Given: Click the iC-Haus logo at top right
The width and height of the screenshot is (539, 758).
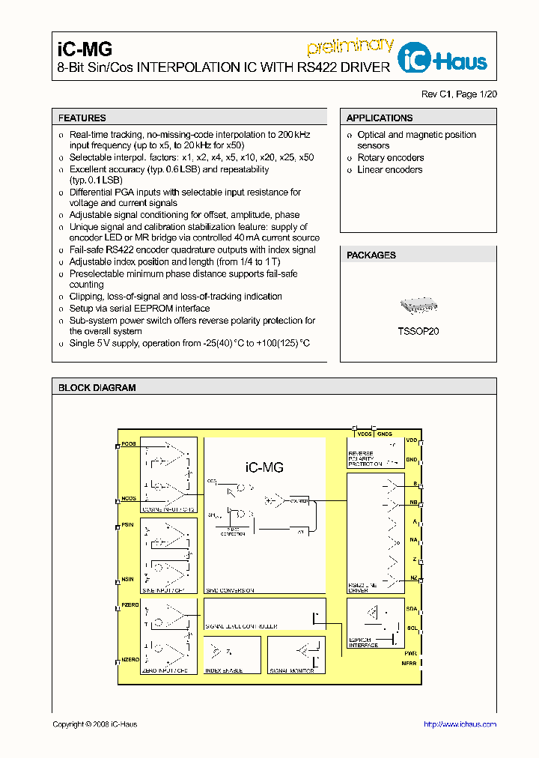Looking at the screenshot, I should click(x=442, y=61).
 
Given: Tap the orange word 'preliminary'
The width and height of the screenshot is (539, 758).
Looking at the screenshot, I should click(x=350, y=46).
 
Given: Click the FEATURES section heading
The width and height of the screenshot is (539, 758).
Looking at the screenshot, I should click(x=82, y=118).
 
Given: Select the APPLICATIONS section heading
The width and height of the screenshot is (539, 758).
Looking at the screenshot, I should click(x=380, y=118).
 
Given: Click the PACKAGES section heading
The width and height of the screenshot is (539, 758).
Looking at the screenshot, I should click(x=371, y=255).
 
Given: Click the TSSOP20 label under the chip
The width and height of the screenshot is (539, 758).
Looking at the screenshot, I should click(x=418, y=330).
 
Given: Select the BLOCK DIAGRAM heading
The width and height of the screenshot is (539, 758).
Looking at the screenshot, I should click(x=97, y=388).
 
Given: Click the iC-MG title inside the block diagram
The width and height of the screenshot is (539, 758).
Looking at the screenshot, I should click(x=264, y=467).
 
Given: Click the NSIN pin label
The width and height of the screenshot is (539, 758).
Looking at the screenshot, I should click(x=128, y=579).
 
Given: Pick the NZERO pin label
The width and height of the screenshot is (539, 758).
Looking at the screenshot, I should click(x=130, y=660).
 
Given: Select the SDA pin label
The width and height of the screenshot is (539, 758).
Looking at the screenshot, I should click(x=411, y=609).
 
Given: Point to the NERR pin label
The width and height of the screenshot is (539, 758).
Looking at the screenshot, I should click(x=409, y=663).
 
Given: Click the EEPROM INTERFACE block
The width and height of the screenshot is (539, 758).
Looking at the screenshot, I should click(x=375, y=622).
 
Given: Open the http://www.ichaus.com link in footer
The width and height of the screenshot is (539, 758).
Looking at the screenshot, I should click(x=460, y=724).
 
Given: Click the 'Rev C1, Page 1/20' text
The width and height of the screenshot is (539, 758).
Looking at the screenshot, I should click(x=459, y=94).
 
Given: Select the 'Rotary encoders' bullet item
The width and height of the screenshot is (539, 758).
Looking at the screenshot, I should click(x=390, y=158).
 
